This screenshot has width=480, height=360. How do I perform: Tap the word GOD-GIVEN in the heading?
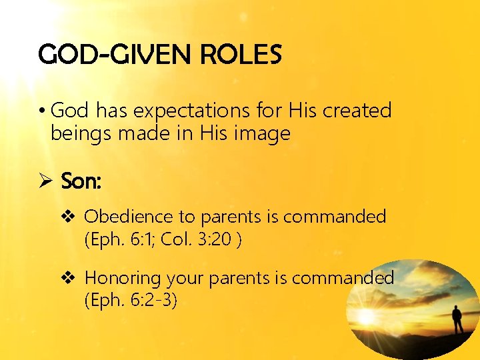[x=110, y=55]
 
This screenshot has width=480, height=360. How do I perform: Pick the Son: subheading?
[x=81, y=181]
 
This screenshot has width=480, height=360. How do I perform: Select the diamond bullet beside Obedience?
[x=71, y=217]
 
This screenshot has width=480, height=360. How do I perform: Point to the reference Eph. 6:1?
[x=126, y=239]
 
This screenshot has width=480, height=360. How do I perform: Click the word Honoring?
[x=124, y=278]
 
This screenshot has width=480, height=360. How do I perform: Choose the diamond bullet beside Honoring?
[x=71, y=278]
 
